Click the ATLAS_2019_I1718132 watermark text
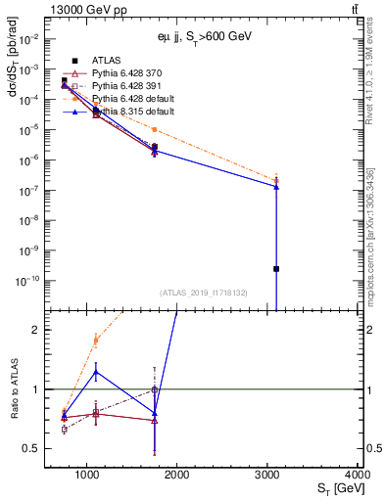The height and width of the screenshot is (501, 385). point(203,292)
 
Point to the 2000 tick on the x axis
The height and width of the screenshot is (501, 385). point(177,475)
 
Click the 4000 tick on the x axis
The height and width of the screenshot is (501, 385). point(357,475)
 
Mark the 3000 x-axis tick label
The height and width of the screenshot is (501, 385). point(267,475)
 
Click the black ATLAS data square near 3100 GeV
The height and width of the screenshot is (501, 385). point(276,268)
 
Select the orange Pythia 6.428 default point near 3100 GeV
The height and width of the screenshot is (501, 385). point(276,180)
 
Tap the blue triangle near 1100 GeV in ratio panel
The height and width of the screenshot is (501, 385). point(95,372)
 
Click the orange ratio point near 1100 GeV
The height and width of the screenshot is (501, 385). point(95,341)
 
